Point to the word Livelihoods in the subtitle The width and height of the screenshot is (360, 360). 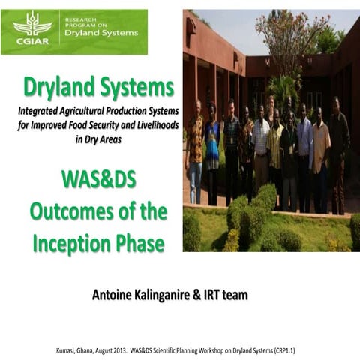tap(153, 125)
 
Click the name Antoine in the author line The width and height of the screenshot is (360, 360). tap(113, 295)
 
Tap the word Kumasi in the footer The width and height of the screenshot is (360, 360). tap(69, 349)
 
